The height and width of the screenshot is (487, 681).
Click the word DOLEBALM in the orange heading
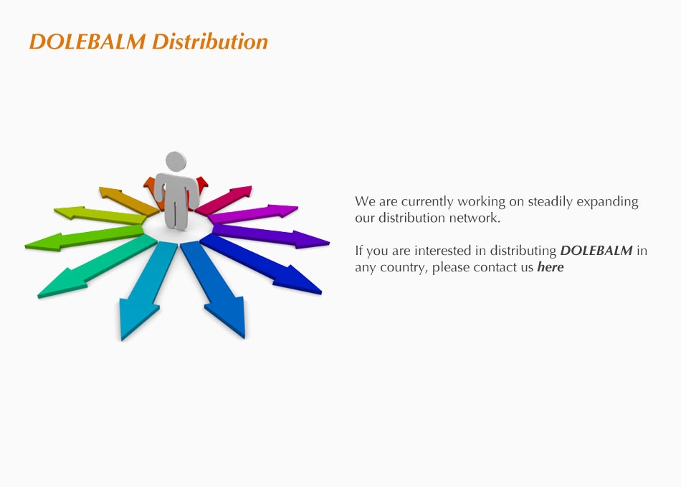pos(87,42)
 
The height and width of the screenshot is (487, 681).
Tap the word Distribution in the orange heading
pos(210,42)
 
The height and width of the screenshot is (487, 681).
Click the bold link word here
pos(551,266)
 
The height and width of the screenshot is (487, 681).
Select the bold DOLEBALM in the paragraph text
pos(596,251)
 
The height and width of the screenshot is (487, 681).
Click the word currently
pos(427,202)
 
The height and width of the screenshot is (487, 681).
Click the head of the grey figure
pos(176,161)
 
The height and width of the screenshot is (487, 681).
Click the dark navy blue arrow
pos(262,264)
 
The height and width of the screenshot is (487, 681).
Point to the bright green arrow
pos(85,238)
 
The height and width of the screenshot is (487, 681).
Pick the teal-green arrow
pos(97,266)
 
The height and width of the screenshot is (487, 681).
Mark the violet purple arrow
pos(270,236)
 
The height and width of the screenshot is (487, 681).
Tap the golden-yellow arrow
pos(129,201)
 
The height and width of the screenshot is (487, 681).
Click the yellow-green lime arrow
pos(100,215)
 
